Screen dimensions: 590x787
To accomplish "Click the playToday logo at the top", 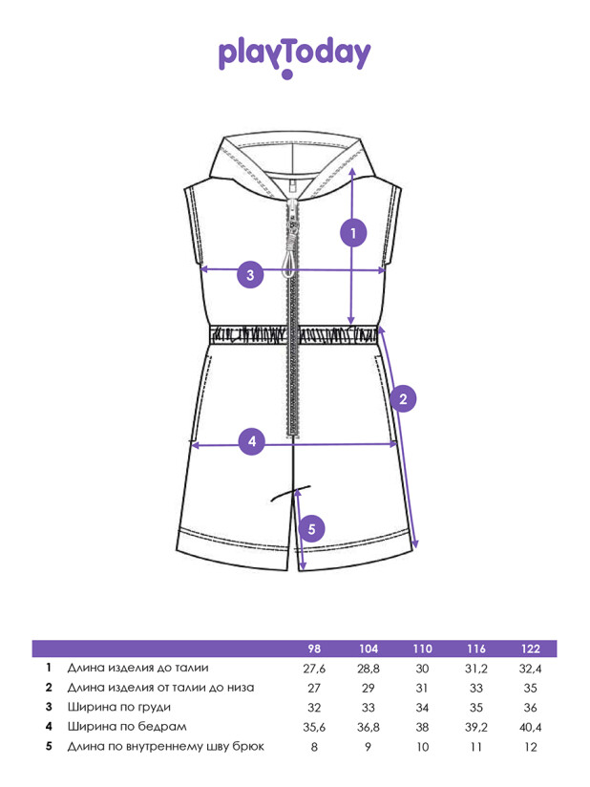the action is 294,57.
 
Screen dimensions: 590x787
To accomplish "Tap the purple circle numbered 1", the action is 353,233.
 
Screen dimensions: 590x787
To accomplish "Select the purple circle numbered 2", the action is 403,399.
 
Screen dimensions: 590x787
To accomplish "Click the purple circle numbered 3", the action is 250,274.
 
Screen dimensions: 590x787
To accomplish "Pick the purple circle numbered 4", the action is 252,441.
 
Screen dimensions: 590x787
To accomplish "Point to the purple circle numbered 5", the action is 311,529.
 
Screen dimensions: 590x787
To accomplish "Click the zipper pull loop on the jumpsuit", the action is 289,264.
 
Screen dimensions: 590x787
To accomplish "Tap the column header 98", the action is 314,649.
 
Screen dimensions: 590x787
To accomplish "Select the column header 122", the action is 530,649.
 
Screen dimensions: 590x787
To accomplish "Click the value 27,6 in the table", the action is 314,669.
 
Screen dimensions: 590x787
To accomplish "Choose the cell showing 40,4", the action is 530,727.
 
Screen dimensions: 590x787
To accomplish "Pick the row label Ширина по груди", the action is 119,707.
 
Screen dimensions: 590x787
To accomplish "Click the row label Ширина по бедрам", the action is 127,727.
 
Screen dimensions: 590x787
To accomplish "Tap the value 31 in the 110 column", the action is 422,688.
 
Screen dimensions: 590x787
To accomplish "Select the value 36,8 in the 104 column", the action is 369,727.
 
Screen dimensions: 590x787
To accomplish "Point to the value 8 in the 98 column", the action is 314,747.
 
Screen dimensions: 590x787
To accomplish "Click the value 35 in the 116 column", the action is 476,708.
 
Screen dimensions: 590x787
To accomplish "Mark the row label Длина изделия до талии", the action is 138,668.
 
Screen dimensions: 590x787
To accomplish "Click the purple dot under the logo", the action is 287,74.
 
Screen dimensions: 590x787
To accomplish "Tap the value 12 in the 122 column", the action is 530,747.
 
